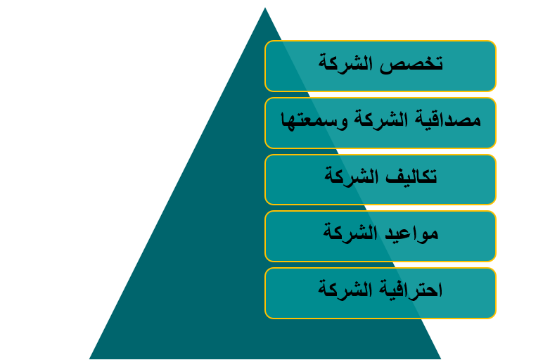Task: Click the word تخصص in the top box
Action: click(411, 64)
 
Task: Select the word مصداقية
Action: click(447, 120)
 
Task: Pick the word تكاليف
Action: click(411, 176)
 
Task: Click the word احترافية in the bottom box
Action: click(411, 290)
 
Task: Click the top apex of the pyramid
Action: click(265, 8)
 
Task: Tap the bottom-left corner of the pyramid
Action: click(89, 359)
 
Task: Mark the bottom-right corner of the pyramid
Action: click(441, 359)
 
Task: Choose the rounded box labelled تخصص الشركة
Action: click(380, 66)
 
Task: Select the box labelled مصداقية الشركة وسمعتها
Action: click(380, 123)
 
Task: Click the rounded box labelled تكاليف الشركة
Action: click(380, 179)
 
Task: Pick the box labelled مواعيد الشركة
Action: click(380, 236)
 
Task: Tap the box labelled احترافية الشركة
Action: click(380, 293)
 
